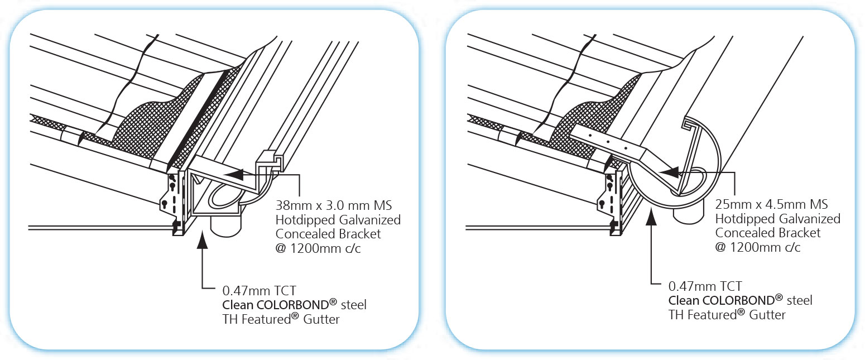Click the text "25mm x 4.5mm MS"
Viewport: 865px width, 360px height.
point(771,204)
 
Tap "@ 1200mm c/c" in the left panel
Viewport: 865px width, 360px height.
point(318,248)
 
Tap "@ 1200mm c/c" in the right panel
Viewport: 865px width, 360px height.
point(758,247)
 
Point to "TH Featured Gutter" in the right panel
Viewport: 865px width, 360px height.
point(727,315)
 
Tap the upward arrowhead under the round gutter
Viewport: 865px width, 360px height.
point(651,215)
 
